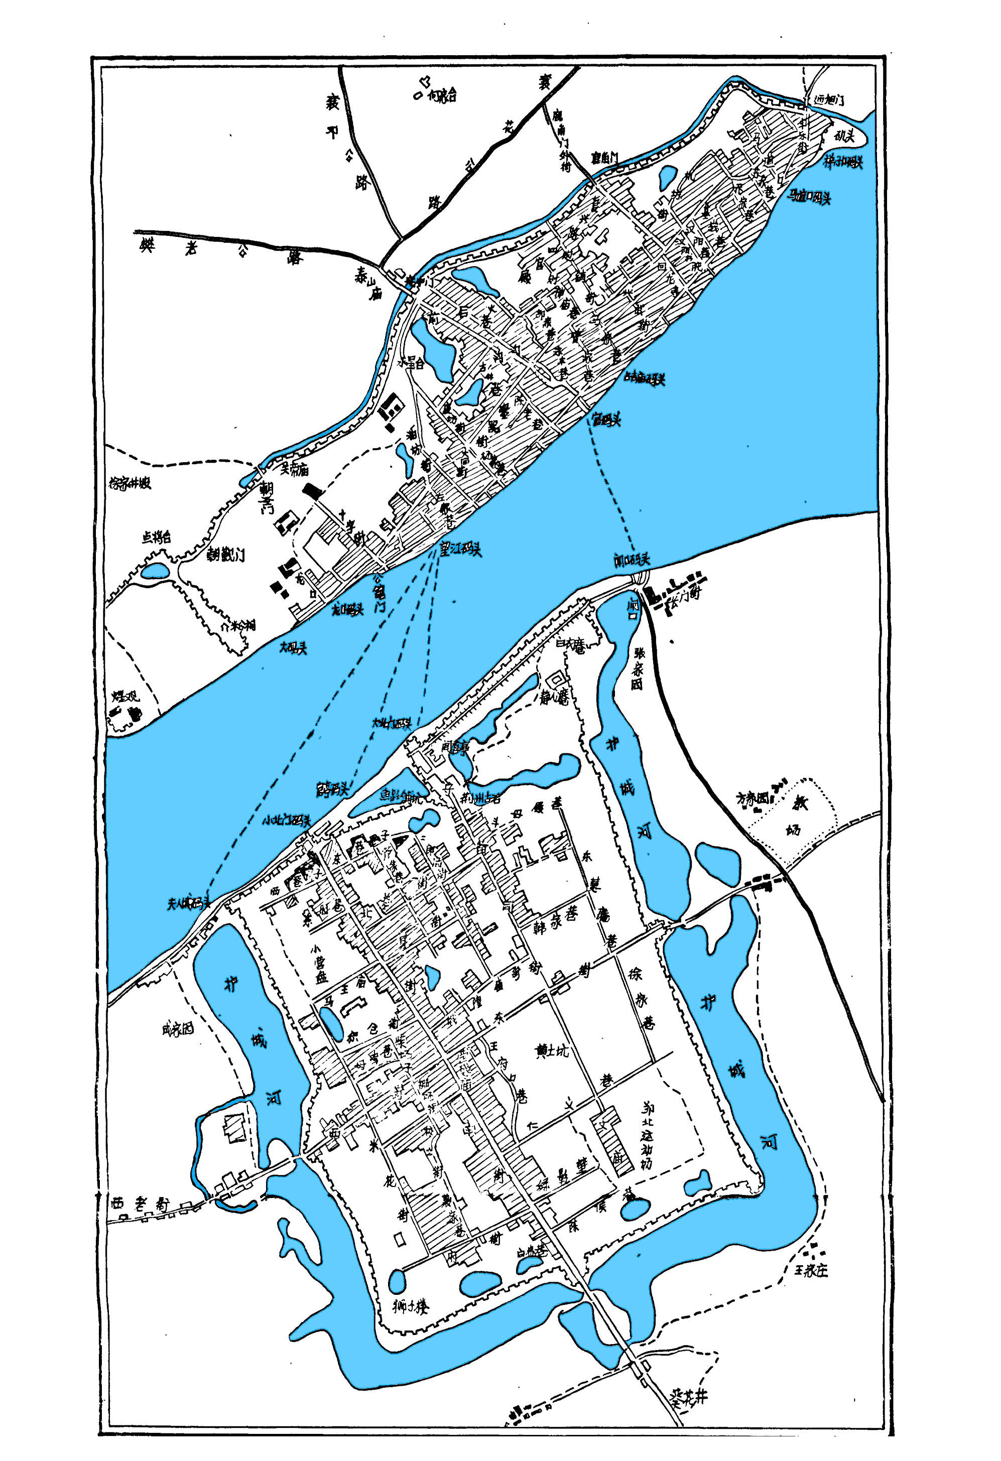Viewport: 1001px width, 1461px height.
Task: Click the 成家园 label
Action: [x=177, y=1029]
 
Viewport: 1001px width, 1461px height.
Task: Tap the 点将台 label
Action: [x=156, y=537]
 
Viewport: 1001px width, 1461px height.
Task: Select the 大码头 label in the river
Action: [x=293, y=647]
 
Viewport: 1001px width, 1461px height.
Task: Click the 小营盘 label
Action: [x=321, y=964]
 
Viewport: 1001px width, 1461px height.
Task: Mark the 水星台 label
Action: [x=411, y=363]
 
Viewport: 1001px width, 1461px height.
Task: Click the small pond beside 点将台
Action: [x=155, y=571]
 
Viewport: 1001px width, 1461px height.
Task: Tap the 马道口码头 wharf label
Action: [x=809, y=197]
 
